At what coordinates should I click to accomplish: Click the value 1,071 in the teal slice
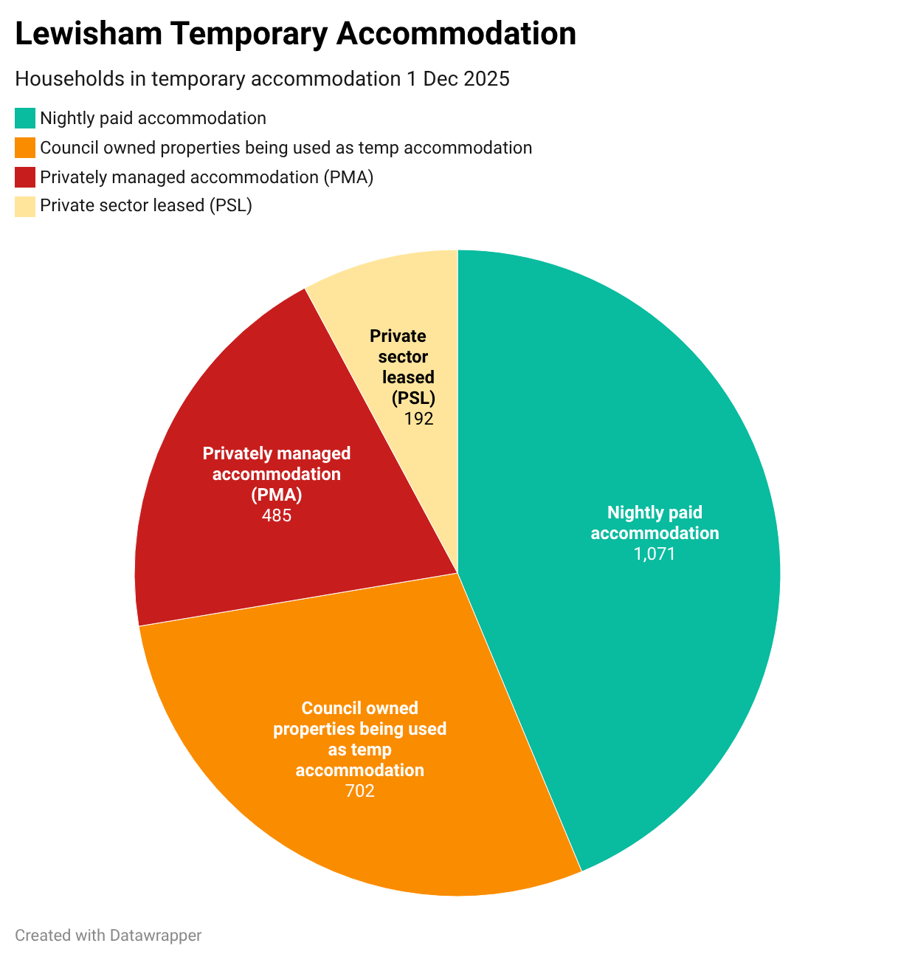(x=655, y=554)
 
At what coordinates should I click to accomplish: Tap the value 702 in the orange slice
(x=360, y=791)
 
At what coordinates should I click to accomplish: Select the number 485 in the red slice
(x=277, y=515)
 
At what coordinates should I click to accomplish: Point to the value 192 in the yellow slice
(x=418, y=419)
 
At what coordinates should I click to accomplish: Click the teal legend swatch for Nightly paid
(x=25, y=118)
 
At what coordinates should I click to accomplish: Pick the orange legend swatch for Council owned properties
(x=25, y=148)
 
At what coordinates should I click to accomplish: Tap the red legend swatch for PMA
(x=25, y=177)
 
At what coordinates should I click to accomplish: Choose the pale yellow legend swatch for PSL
(x=25, y=206)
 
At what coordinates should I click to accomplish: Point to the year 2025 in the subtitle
(x=486, y=79)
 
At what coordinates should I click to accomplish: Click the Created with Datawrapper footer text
(x=108, y=935)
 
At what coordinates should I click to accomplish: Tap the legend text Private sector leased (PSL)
(x=146, y=205)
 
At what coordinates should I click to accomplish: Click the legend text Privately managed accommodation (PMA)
(x=207, y=177)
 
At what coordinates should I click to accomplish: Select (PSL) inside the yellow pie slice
(x=413, y=398)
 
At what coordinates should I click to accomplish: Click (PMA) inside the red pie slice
(x=277, y=494)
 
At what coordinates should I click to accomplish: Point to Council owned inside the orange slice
(x=360, y=708)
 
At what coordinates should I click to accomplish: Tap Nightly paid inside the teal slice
(x=655, y=512)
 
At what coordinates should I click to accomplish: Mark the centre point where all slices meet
(x=457, y=573)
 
